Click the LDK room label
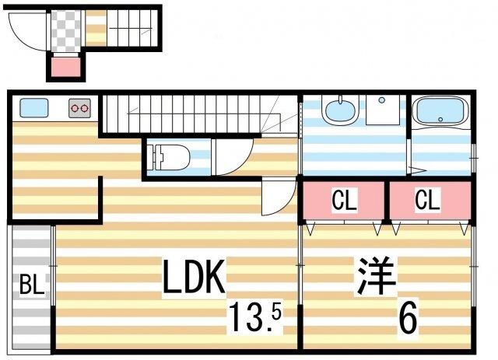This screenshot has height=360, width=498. tap(194, 277)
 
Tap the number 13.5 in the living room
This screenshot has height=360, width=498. tap(255, 316)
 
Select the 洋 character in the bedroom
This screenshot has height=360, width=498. tap(377, 277)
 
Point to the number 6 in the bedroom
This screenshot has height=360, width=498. tap(408, 317)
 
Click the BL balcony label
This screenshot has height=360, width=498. tap(31, 285)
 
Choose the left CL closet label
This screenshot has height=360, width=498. tap(344, 200)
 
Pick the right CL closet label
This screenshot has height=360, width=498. tap(427, 199)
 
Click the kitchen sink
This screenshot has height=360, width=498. tap(34, 107)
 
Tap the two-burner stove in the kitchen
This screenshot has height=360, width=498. tap(79, 108)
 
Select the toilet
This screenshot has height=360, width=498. tap(171, 157)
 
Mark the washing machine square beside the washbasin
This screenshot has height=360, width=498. tap(382, 110)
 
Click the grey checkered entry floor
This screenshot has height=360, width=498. tap(65, 31)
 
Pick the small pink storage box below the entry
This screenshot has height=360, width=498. tap(65, 67)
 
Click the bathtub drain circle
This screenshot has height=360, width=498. tap(440, 120)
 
